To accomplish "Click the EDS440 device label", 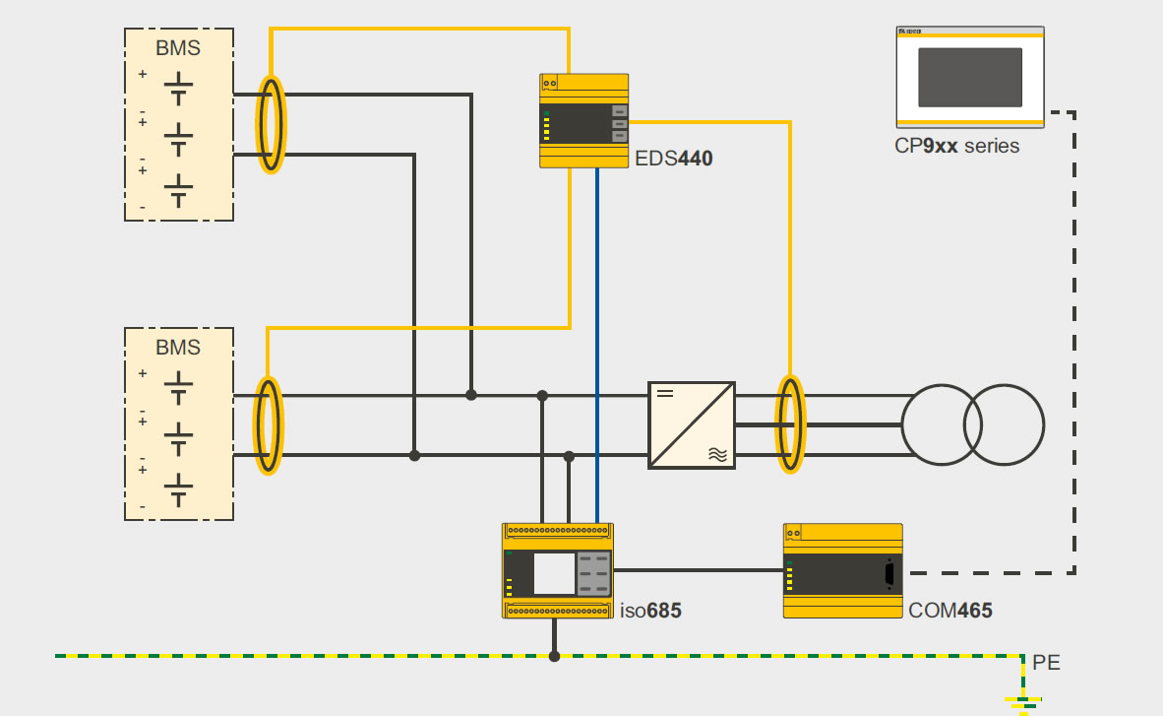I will click(674, 158).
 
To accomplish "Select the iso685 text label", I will click(650, 612).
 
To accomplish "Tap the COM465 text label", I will click(950, 612).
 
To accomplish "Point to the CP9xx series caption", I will click(956, 146).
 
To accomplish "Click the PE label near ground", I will click(1047, 663).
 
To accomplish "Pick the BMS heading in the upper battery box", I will click(178, 48).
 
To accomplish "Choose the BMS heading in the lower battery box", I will click(178, 348).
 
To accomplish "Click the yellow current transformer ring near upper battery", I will click(271, 125).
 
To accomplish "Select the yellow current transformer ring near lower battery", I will click(269, 425).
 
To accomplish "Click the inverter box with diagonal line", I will click(692, 424).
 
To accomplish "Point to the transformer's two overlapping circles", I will click(973, 425).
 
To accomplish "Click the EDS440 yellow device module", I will click(583, 120).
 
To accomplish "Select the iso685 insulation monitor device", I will click(557, 571).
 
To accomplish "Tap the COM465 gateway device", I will click(842, 571).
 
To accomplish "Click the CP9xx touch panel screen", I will click(970, 77).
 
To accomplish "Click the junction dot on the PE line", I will click(555, 656).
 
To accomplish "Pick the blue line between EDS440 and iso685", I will click(597, 345).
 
